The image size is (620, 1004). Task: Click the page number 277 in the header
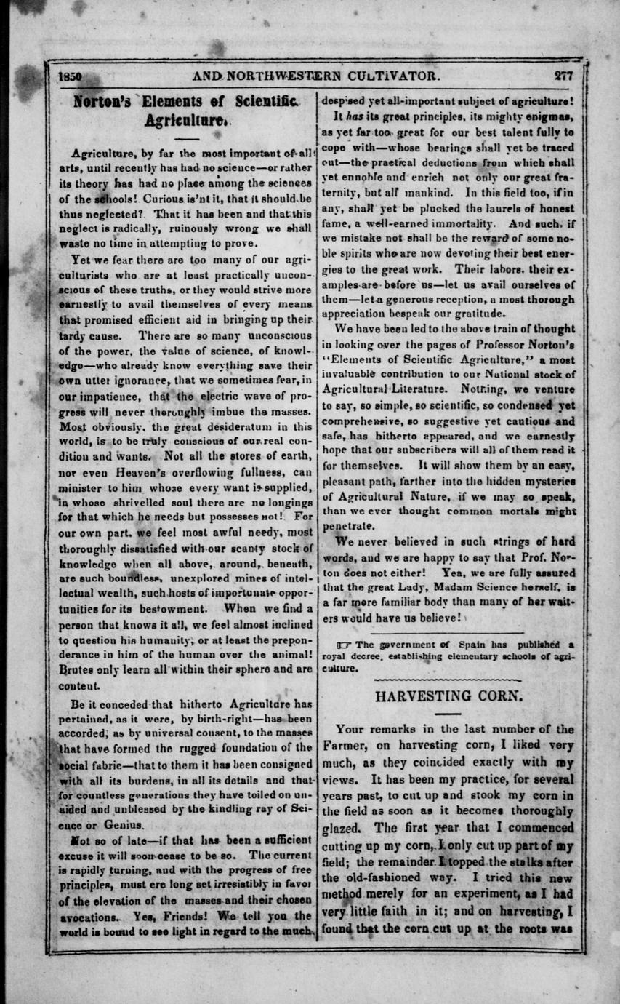(563, 75)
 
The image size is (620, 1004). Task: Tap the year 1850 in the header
(71, 75)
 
